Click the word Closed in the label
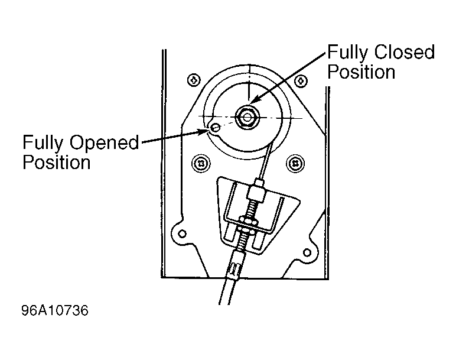[404, 53]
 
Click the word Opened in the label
[105, 142]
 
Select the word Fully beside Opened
[43, 143]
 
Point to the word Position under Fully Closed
[361, 72]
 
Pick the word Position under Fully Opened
[57, 162]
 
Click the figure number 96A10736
[55, 310]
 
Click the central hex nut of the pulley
[247, 117]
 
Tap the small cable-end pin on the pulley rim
[215, 128]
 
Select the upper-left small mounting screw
[194, 80]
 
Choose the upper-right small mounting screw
[301, 80]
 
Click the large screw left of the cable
[201, 163]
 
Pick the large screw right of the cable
[295, 163]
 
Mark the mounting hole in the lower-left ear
[183, 233]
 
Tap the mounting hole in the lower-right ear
[307, 252]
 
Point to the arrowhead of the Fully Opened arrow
[204, 131]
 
